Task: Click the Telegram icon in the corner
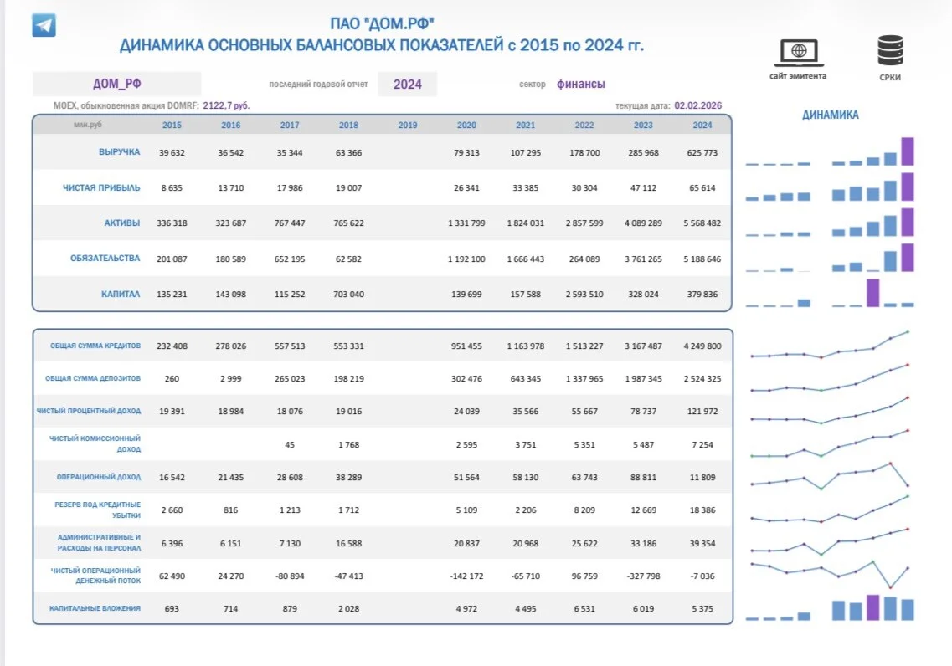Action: point(44,25)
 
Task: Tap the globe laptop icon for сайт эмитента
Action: point(799,53)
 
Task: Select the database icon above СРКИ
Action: point(890,50)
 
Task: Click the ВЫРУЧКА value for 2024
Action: point(702,153)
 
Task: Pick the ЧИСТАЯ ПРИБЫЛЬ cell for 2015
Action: point(172,188)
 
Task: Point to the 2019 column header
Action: point(408,125)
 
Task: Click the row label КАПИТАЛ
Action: point(121,295)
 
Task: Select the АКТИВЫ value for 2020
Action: point(466,223)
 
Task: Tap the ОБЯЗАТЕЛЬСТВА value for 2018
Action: point(348,259)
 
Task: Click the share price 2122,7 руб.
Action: point(226,105)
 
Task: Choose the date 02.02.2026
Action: point(697,105)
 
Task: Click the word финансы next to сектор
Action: point(581,85)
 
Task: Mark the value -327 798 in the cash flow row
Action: point(643,576)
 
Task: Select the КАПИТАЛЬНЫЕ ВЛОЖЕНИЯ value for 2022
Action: point(584,609)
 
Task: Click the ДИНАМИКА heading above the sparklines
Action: point(830,115)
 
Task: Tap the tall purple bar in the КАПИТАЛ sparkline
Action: point(872,292)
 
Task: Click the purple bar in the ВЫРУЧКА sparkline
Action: point(907,151)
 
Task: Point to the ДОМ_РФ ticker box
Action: point(116,84)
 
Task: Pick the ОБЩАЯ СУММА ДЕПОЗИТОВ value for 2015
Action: point(172,378)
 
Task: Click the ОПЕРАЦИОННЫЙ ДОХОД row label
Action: point(98,478)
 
